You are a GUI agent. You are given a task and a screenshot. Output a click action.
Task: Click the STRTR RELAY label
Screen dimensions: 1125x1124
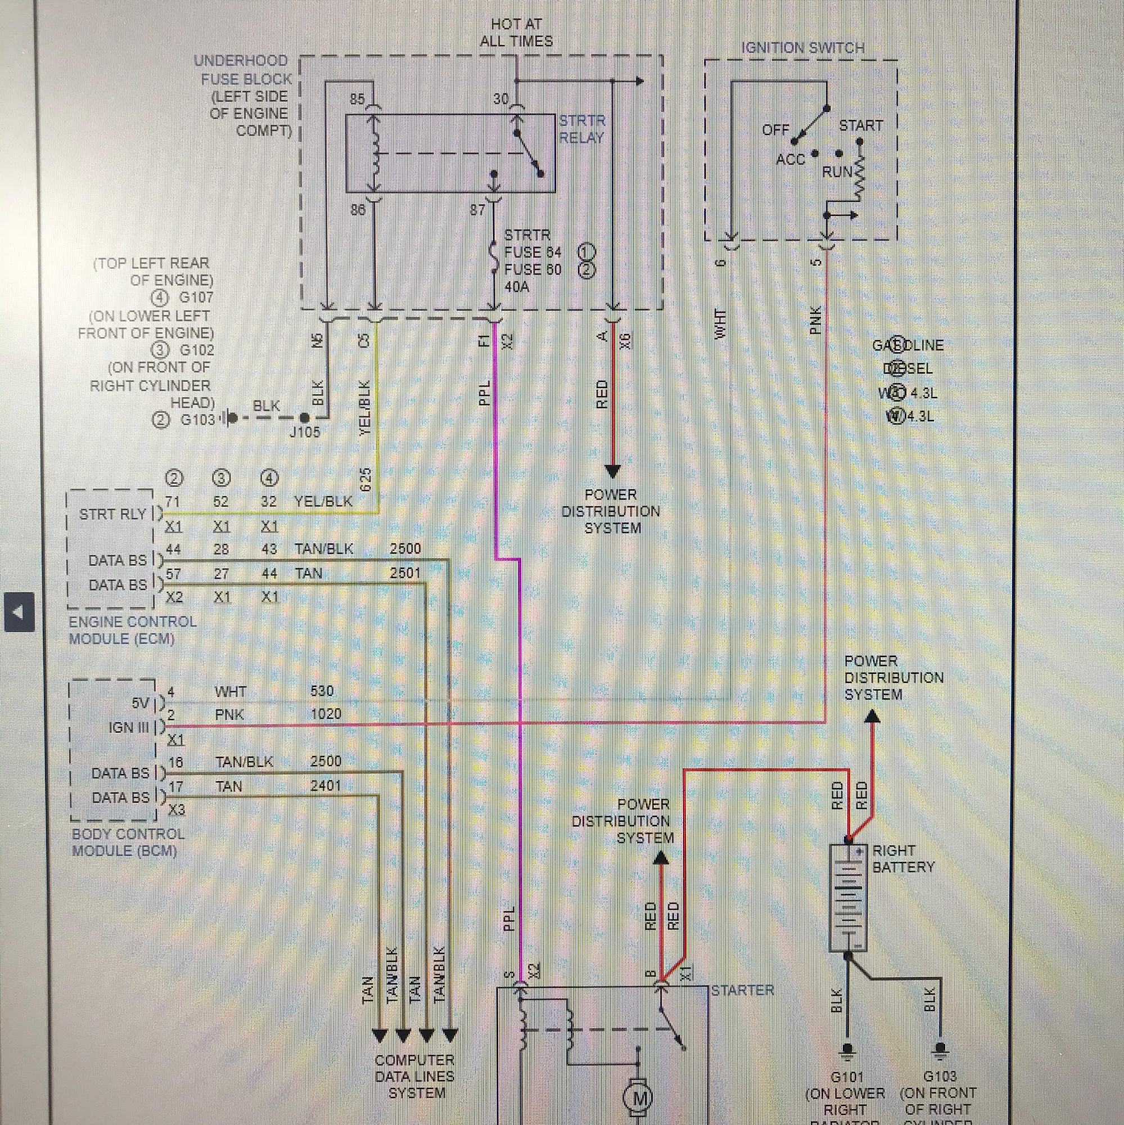581,129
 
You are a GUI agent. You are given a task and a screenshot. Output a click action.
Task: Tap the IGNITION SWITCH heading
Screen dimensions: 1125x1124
802,48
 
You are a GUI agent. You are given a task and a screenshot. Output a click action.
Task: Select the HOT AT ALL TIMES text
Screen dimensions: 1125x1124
516,33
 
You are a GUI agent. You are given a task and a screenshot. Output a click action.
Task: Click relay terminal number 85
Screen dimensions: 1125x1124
357,99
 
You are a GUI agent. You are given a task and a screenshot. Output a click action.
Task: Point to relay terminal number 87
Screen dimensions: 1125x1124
477,210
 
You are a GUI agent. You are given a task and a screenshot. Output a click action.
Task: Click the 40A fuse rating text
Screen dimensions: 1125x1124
517,286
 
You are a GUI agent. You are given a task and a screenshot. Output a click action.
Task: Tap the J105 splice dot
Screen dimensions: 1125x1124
304,417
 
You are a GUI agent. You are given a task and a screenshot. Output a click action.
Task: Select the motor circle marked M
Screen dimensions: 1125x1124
638,1098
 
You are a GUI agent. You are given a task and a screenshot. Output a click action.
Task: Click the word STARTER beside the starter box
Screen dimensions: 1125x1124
742,990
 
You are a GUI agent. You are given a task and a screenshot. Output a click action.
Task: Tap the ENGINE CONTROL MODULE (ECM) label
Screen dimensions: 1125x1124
133,630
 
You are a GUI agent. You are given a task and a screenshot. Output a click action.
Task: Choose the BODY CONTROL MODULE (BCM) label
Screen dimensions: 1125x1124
128,842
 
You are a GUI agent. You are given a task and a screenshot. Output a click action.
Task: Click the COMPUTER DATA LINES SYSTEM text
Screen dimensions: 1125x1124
414,1076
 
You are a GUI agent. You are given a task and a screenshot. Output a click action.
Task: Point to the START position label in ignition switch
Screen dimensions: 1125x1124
860,126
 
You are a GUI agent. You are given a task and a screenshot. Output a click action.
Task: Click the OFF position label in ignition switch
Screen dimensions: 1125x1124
775,130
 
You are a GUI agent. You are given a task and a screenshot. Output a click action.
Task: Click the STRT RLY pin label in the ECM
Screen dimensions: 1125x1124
113,514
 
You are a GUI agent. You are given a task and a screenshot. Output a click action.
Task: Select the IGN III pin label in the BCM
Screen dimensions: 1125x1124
129,727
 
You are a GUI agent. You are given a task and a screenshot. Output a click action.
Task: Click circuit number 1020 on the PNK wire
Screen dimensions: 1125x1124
326,714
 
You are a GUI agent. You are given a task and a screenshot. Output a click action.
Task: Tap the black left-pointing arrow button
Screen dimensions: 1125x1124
19,612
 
